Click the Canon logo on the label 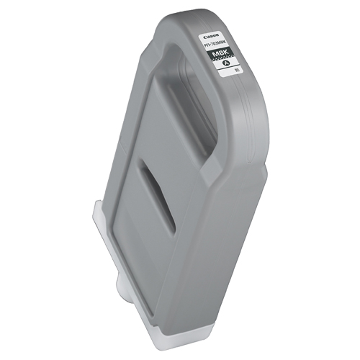pos(212,37)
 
